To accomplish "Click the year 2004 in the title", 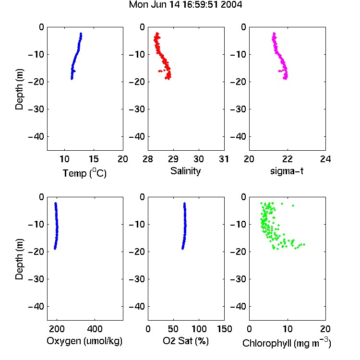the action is click(231, 5).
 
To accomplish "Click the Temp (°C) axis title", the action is click(84, 173).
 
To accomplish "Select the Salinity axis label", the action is click(185, 171).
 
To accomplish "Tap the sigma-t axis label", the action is click(287, 171).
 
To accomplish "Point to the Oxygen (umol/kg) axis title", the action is click(84, 341).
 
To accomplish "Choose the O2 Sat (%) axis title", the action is click(186, 341).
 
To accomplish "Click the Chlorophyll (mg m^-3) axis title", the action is click(287, 343).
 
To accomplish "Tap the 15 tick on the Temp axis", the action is click(94, 159).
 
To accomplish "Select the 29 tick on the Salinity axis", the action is click(173, 159).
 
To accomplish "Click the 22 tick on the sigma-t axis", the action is click(288, 159).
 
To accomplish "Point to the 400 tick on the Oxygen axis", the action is click(95, 329).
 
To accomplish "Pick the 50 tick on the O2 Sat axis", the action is click(173, 329).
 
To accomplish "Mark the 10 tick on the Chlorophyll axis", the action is click(288, 329).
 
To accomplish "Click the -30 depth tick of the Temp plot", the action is click(36, 109).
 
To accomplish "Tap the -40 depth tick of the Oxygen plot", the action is click(36, 307).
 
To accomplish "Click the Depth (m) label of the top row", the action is click(19, 89).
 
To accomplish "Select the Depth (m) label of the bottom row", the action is click(19, 259).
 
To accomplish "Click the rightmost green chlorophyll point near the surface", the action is click(293, 205).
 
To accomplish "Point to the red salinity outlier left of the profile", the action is click(159, 71).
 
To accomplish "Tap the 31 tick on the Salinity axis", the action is click(224, 159).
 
